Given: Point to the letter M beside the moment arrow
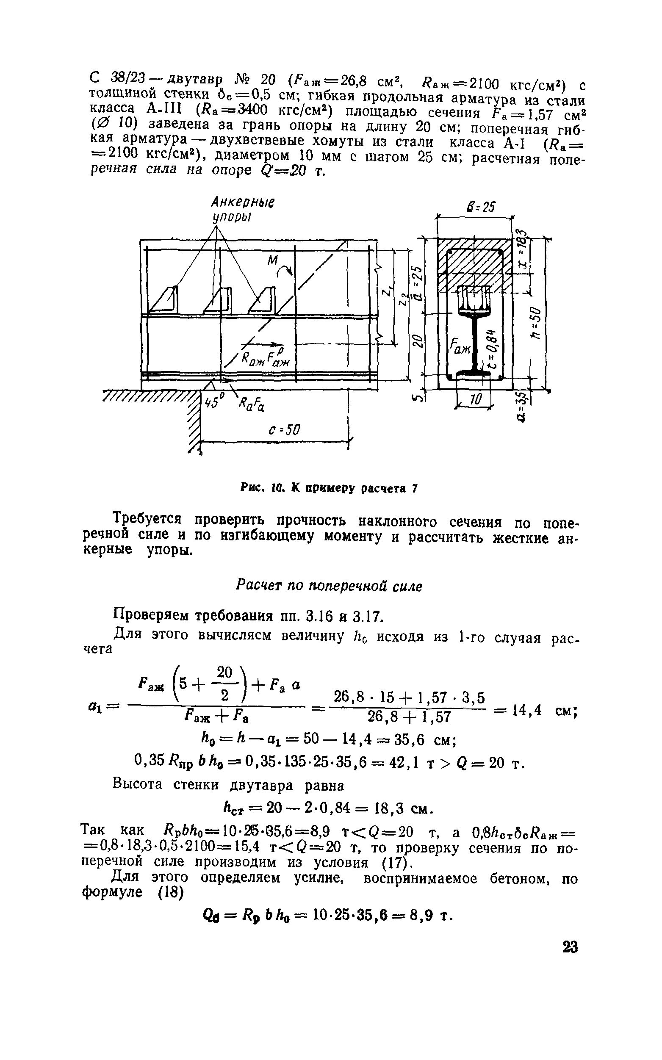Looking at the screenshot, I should click(273, 261).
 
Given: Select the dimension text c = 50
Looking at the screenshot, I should click(284, 430).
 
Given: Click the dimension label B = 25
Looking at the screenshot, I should click(481, 207).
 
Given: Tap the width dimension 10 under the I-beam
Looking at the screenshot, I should click(476, 399).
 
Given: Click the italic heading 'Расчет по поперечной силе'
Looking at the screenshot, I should click(329, 586).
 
